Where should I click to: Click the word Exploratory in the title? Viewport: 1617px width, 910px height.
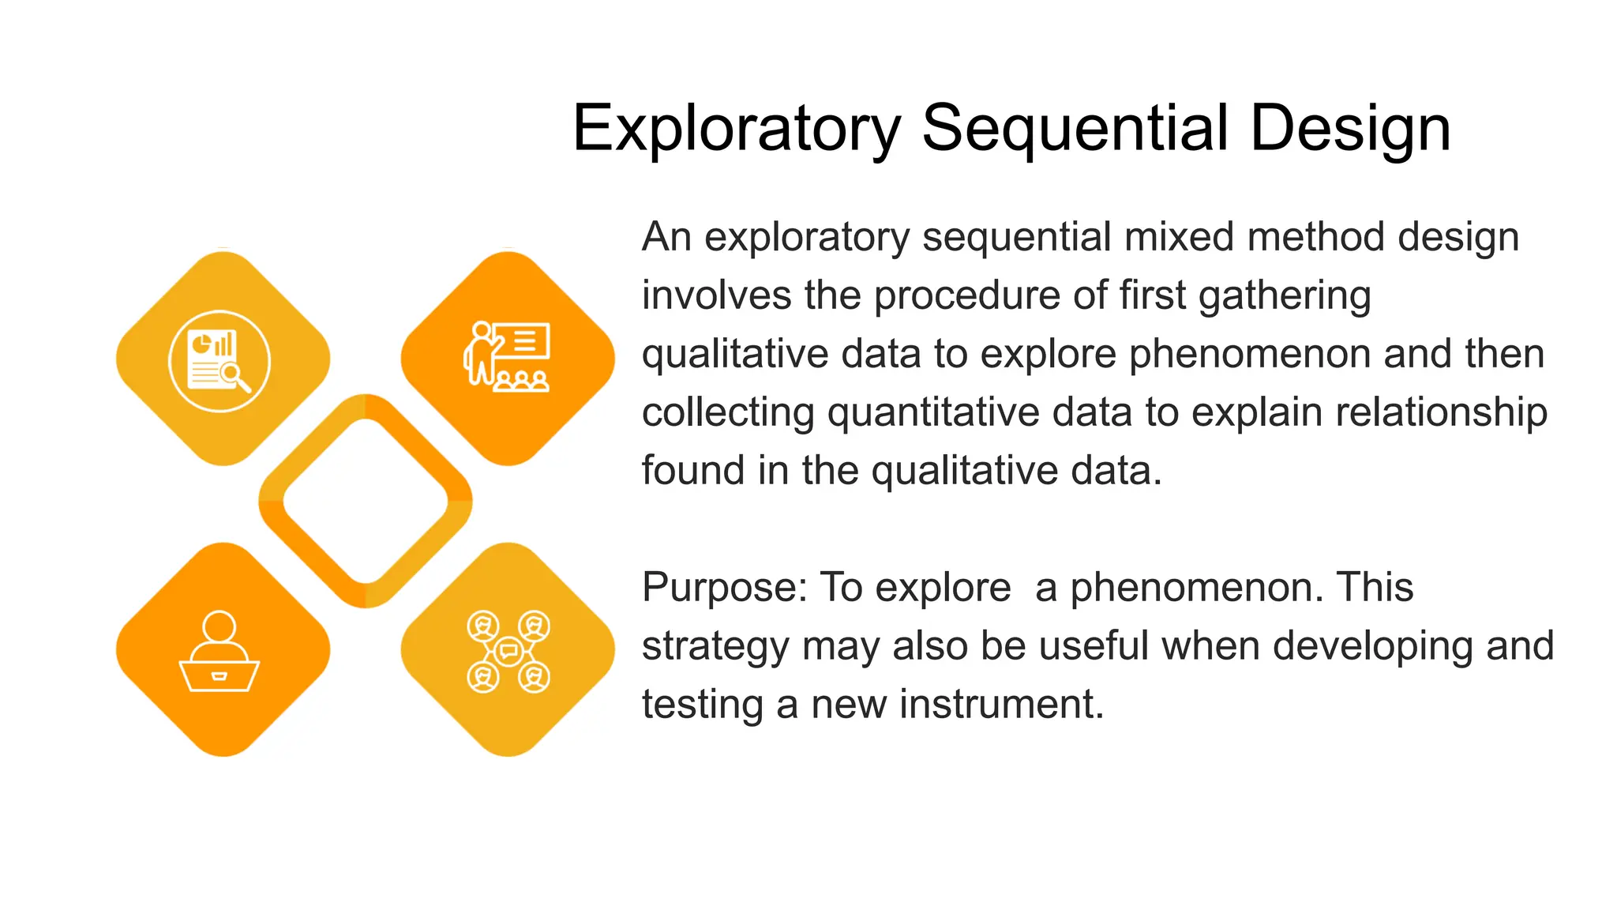point(736,129)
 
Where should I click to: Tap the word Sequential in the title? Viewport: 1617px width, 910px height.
point(1075,129)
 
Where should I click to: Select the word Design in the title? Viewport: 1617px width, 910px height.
point(1350,129)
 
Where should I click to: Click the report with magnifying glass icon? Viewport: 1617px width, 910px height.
point(219,361)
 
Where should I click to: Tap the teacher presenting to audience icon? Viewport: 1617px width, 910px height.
point(507,357)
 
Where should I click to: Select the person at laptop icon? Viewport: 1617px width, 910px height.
point(219,652)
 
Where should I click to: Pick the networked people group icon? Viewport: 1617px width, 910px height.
point(508,652)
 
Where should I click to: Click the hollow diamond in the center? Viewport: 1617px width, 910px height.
point(366,501)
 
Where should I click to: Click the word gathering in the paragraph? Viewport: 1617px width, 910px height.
point(1284,296)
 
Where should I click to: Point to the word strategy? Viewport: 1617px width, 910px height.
point(715,646)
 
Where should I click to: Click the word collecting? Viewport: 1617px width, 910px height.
point(727,412)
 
